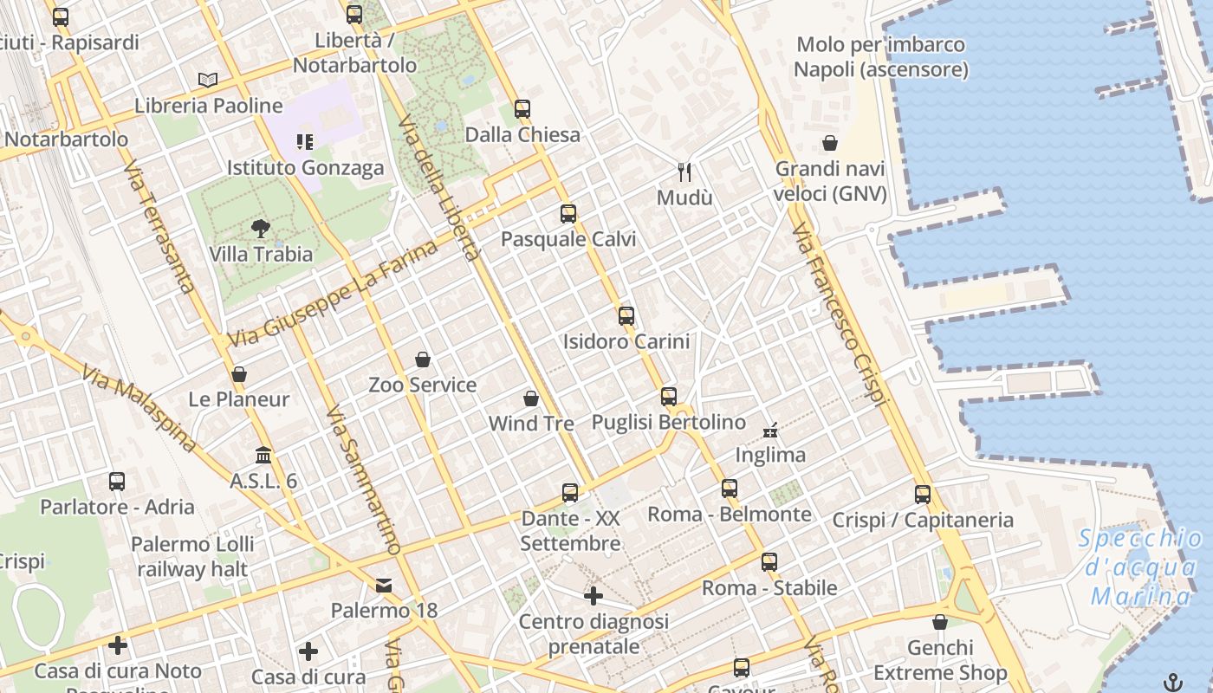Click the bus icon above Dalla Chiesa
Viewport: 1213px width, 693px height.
pyautogui.click(x=522, y=109)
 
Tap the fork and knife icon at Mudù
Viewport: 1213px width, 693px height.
pyautogui.click(x=684, y=172)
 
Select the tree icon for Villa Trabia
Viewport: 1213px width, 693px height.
pyautogui.click(x=260, y=229)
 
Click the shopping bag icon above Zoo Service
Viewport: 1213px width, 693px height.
pyautogui.click(x=423, y=359)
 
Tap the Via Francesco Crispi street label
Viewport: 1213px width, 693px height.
pyautogui.click(x=840, y=313)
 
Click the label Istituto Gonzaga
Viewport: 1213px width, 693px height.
pyautogui.click(x=305, y=167)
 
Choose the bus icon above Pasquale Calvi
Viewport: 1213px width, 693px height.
pyautogui.click(x=568, y=214)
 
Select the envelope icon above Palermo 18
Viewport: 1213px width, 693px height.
pyautogui.click(x=384, y=586)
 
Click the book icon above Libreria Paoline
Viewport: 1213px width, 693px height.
pyautogui.click(x=207, y=81)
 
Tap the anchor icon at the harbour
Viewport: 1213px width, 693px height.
pyautogui.click(x=1173, y=682)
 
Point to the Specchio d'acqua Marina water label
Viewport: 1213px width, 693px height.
pyautogui.click(x=1141, y=567)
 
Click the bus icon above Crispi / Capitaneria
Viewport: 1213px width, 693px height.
pyautogui.click(x=923, y=495)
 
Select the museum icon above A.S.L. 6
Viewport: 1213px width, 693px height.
pyautogui.click(x=263, y=455)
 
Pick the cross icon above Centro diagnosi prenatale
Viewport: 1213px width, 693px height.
pyautogui.click(x=594, y=596)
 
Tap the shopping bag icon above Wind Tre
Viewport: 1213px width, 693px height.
pyautogui.click(x=531, y=398)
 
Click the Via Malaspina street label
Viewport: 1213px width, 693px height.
pyautogui.click(x=139, y=408)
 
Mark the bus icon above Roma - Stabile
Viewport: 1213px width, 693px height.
pyautogui.click(x=769, y=562)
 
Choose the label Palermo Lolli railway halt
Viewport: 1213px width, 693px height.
pyautogui.click(x=192, y=557)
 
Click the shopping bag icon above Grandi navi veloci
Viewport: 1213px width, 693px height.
pyautogui.click(x=830, y=143)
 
